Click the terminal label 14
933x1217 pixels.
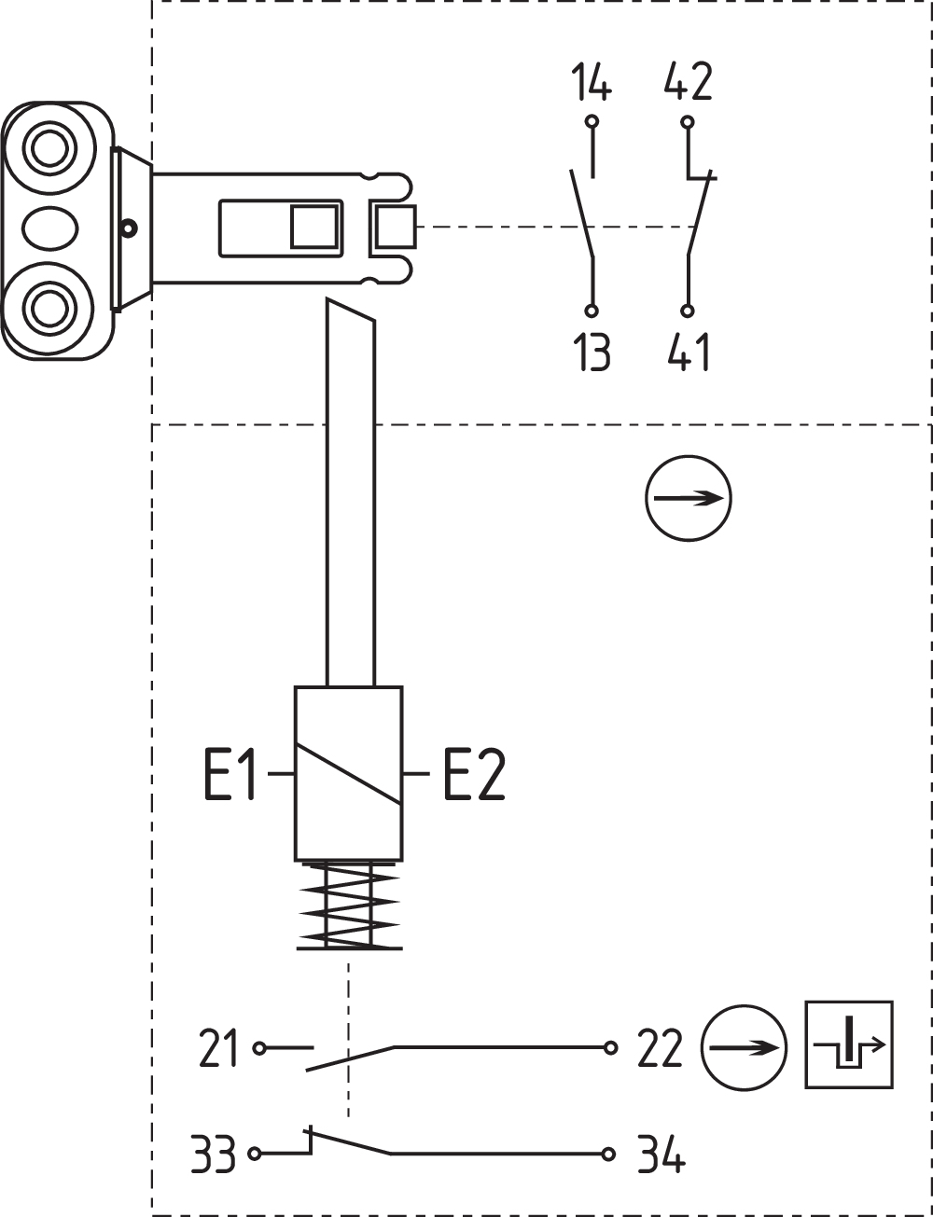(x=592, y=83)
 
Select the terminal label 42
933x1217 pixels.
(x=688, y=83)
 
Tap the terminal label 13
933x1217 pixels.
(x=592, y=352)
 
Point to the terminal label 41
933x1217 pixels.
(x=689, y=352)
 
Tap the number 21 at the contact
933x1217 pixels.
(x=219, y=1049)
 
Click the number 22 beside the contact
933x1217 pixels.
(x=660, y=1049)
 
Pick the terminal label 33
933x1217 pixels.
(x=213, y=1155)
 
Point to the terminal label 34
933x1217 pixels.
(x=661, y=1155)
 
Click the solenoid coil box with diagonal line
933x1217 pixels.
(x=348, y=773)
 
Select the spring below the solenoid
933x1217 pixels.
(x=348, y=905)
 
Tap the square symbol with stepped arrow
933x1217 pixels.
(x=849, y=1044)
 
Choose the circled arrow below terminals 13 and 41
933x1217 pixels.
(x=689, y=498)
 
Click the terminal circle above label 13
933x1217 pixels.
(x=592, y=311)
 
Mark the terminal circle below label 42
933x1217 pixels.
(x=688, y=121)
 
